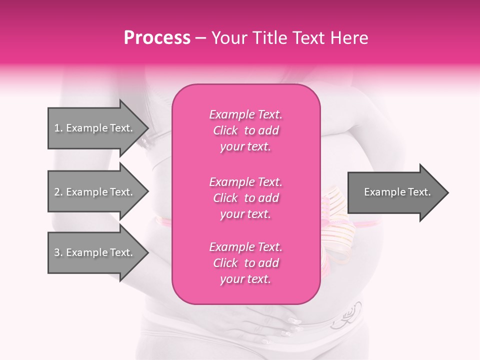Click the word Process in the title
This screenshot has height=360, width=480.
click(157, 38)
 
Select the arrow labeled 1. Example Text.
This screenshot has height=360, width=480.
click(95, 128)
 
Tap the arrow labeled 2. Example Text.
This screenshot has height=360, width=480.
click(95, 192)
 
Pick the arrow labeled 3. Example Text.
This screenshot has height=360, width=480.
click(95, 252)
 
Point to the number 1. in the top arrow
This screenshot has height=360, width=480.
click(58, 128)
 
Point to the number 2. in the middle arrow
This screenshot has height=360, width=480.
click(58, 192)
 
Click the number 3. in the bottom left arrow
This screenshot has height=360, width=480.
click(58, 252)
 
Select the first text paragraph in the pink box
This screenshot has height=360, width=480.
click(245, 130)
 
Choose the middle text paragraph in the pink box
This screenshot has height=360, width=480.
click(245, 198)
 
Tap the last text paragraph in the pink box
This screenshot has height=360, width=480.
click(245, 263)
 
